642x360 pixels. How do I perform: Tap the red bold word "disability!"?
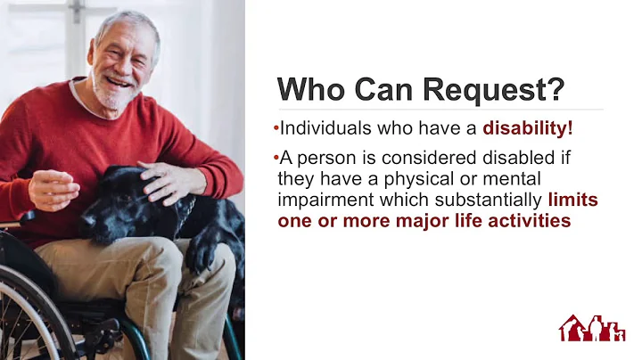coord(528,128)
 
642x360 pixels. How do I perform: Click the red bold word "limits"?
coord(572,200)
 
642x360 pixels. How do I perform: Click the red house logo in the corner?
coord(592,328)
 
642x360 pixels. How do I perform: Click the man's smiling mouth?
coord(116,81)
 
